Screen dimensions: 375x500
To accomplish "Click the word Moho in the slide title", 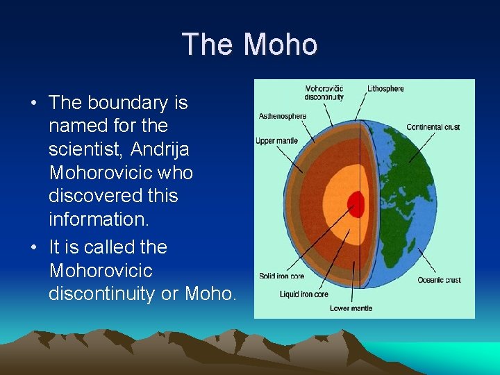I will click(x=281, y=45).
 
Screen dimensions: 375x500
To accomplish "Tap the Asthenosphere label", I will click(x=282, y=116).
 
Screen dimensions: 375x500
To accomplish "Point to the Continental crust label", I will click(x=433, y=127).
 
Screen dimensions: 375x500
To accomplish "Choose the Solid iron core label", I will click(x=281, y=276).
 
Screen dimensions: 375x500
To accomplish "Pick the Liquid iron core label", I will click(x=304, y=294).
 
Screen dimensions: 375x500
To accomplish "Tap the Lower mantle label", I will click(x=351, y=308).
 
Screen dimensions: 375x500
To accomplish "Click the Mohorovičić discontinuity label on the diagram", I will click(x=324, y=92).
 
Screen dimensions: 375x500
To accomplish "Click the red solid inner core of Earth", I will click(x=356, y=204).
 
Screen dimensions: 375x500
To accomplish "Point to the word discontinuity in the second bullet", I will click(x=102, y=294).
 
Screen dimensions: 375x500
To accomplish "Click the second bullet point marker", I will click(x=33, y=248).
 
